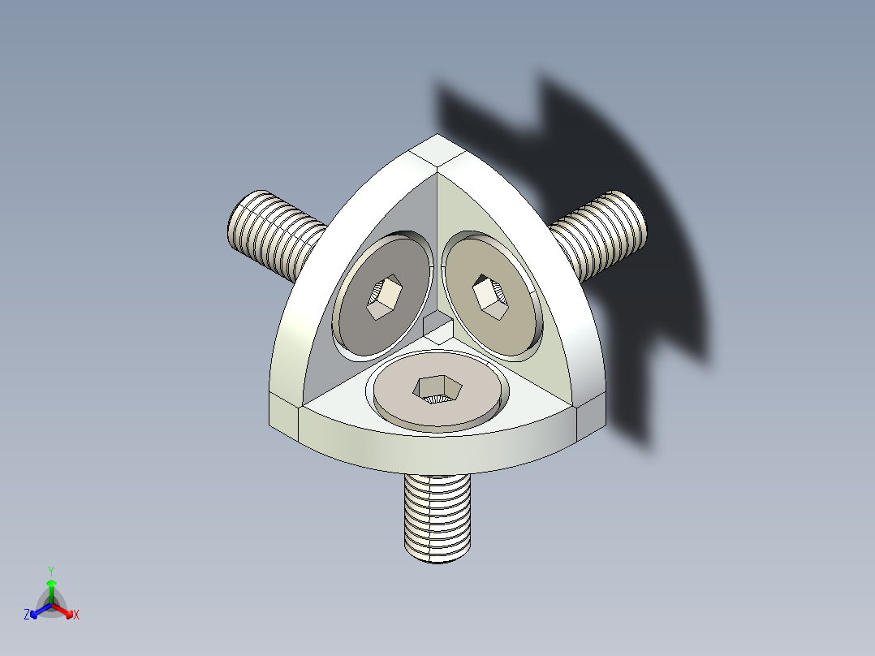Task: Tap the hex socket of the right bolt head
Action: pyautogui.click(x=491, y=294)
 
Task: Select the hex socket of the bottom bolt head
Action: pyautogui.click(x=437, y=389)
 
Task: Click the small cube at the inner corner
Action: pyautogui.click(x=437, y=328)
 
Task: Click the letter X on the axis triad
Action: pyautogui.click(x=76, y=615)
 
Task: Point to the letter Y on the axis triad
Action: pyautogui.click(x=50, y=571)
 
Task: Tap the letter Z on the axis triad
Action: pyautogui.click(x=27, y=615)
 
